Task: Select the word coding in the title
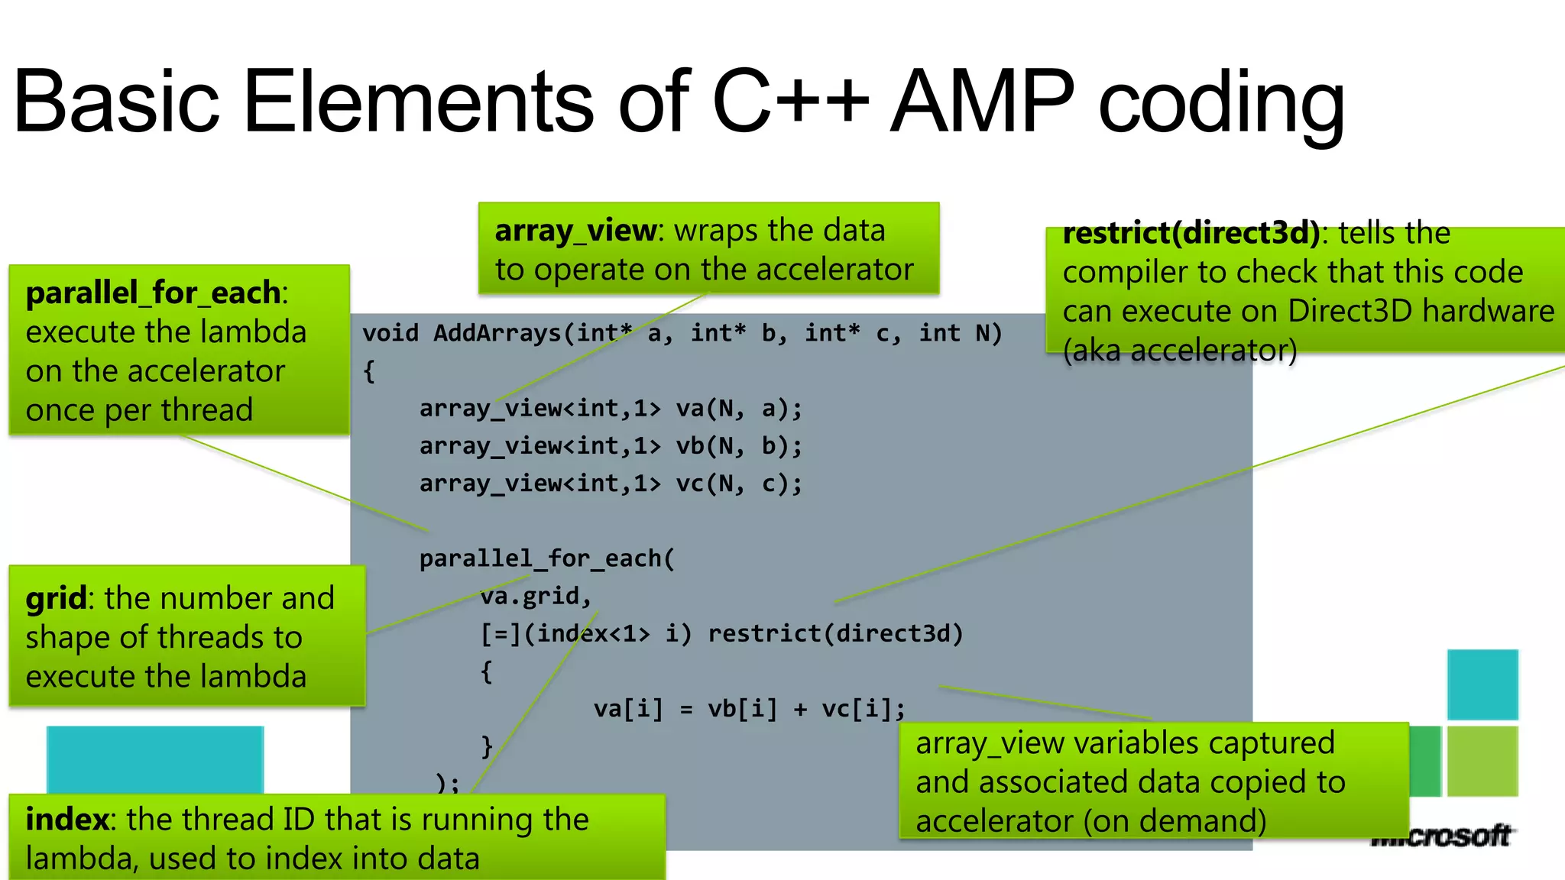point(1221,105)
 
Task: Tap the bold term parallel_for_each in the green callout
point(153,293)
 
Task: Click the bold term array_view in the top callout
point(575,231)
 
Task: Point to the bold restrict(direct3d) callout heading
point(1191,233)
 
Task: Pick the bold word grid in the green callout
point(56,598)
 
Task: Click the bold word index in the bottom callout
point(66,820)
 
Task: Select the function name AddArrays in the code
point(497,333)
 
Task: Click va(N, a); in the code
point(739,409)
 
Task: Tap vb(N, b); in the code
point(739,446)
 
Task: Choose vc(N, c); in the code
point(739,484)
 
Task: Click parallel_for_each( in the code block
point(547,558)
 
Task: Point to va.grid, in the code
point(536,596)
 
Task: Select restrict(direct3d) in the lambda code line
point(835,633)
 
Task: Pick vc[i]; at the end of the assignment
point(864,709)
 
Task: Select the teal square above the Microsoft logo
point(1482,684)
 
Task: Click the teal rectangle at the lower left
point(155,759)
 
